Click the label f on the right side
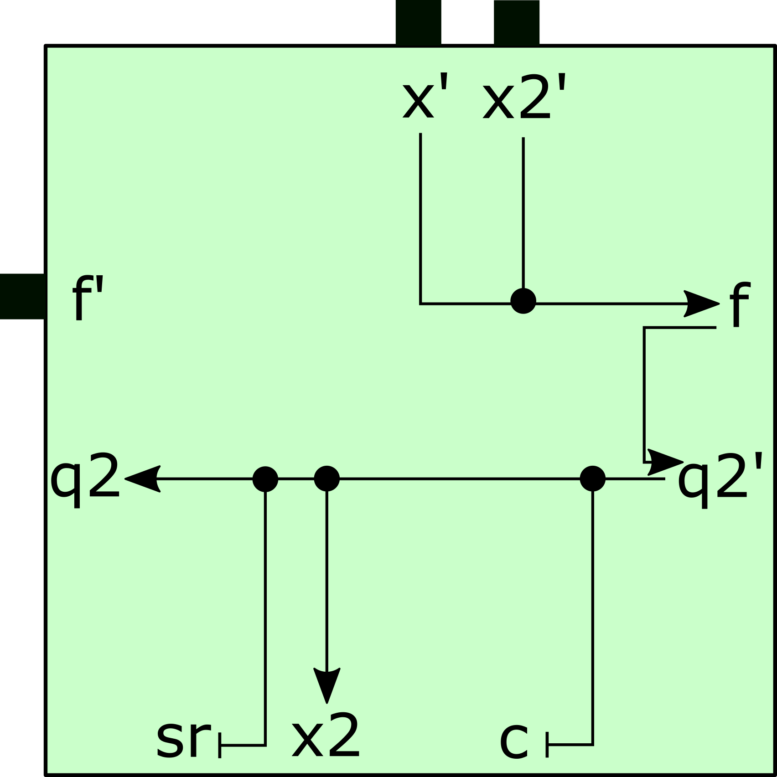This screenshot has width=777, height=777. pyautogui.click(x=739, y=304)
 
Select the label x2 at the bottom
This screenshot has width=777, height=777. pyautogui.click(x=326, y=736)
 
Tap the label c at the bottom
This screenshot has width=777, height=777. pyautogui.click(x=514, y=741)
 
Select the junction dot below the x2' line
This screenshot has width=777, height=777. pyautogui.click(x=523, y=301)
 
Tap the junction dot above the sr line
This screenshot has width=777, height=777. pyautogui.click(x=265, y=479)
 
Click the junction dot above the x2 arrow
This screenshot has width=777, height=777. pyautogui.click(x=327, y=479)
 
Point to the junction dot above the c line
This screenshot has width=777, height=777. pyautogui.click(x=592, y=479)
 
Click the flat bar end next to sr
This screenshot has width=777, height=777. pyautogui.click(x=220, y=746)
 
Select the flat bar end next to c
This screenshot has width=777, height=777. pyautogui.click(x=547, y=745)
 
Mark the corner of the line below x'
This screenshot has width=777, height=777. pyautogui.click(x=420, y=304)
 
